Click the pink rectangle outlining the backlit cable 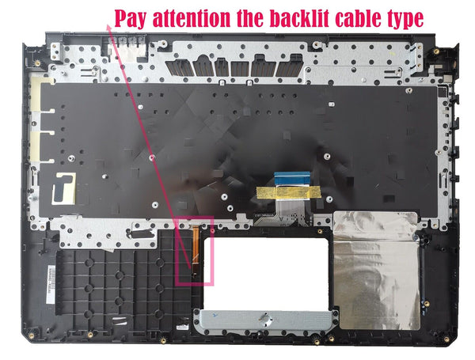tap(195, 251)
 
